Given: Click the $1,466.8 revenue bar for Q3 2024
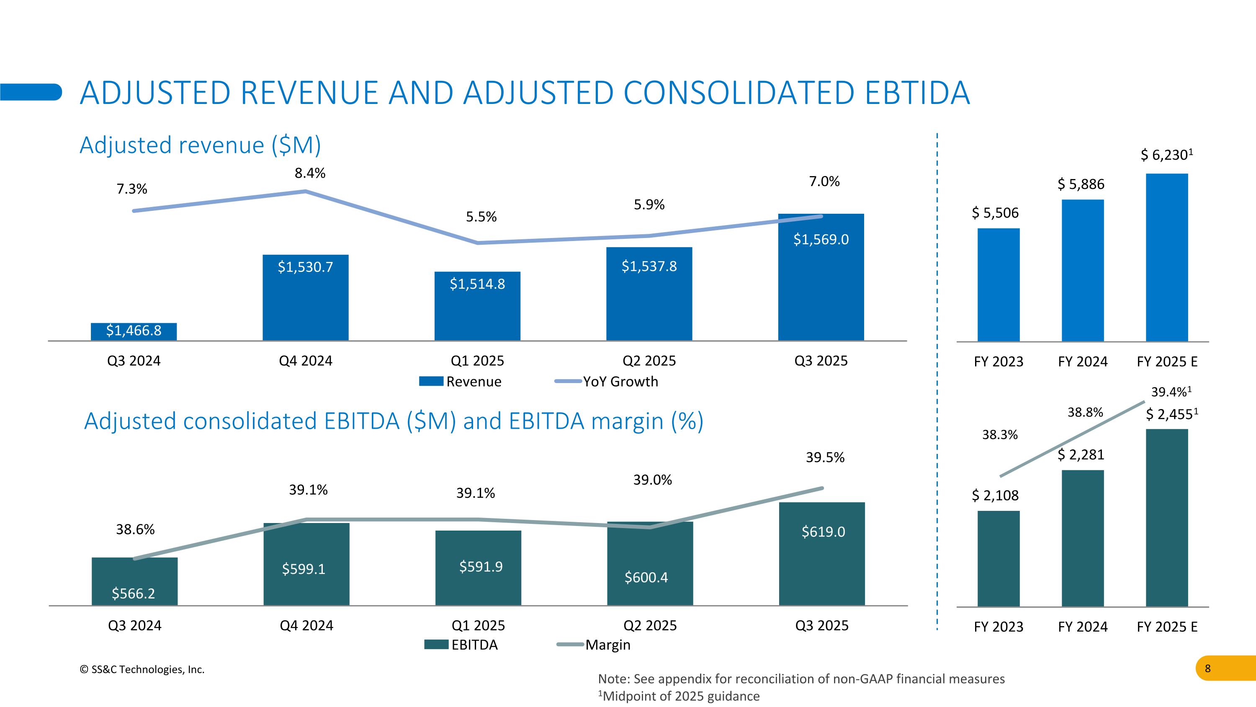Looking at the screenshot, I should (x=134, y=331).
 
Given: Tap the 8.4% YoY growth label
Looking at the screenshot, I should (x=310, y=173).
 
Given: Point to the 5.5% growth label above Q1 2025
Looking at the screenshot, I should (x=481, y=217).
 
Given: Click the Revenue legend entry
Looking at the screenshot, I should (x=460, y=381).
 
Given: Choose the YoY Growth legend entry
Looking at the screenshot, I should (x=607, y=381).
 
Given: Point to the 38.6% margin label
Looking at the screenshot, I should (x=135, y=529).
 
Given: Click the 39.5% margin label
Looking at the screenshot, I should (x=825, y=458).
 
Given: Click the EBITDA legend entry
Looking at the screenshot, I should (x=461, y=645).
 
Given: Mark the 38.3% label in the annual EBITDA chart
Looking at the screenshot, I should (x=999, y=435).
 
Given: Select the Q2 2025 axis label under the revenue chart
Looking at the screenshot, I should (x=649, y=361).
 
